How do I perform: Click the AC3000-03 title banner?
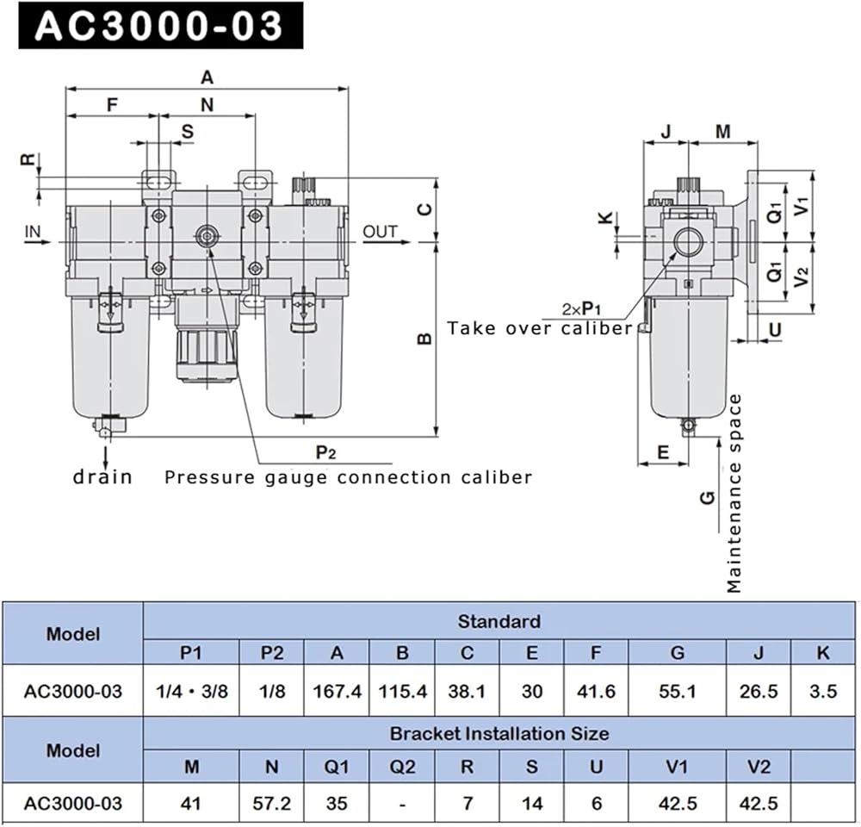160,27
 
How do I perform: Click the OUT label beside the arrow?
380,231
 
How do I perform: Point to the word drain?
102,476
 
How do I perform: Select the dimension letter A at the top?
207,78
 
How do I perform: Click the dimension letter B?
424,339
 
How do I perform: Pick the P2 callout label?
325,452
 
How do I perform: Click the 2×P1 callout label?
581,308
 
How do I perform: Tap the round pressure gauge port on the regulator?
207,234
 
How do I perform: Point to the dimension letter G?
708,497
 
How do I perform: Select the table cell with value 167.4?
337,691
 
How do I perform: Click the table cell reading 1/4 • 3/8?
191,691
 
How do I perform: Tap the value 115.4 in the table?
402,691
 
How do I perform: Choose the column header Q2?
402,766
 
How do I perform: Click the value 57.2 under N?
272,804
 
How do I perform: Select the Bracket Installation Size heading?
499,734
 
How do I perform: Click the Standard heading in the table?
499,621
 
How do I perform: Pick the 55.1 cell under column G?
678,691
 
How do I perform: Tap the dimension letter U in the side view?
774,329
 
